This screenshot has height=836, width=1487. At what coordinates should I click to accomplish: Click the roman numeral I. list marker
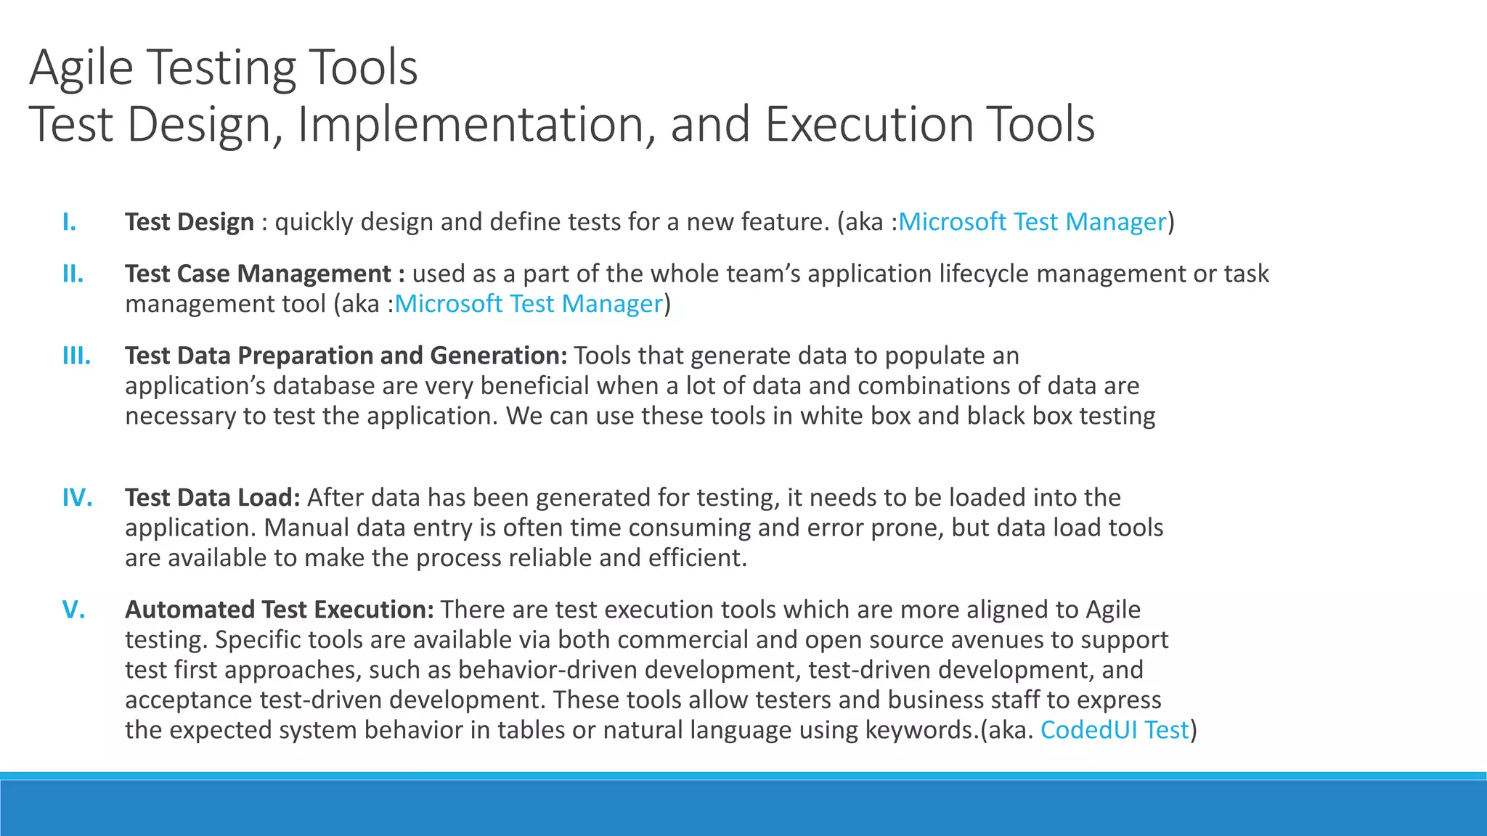point(70,222)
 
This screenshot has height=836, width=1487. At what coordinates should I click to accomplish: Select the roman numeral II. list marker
point(73,274)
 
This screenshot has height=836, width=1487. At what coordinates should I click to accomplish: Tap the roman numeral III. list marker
point(76,356)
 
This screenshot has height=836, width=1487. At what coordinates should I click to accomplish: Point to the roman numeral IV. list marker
point(77,498)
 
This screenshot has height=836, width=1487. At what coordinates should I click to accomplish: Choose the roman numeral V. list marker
point(74,610)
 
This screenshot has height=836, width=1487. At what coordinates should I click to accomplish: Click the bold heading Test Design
point(190,222)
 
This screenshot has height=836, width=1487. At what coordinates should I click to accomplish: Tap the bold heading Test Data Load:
point(213,498)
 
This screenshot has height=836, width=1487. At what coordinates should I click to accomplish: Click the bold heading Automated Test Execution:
point(280,610)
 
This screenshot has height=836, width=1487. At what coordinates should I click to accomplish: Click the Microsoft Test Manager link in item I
point(1032,222)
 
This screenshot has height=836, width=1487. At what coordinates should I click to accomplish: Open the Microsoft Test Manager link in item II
point(529,304)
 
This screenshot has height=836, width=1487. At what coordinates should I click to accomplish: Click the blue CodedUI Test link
point(1115,730)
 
